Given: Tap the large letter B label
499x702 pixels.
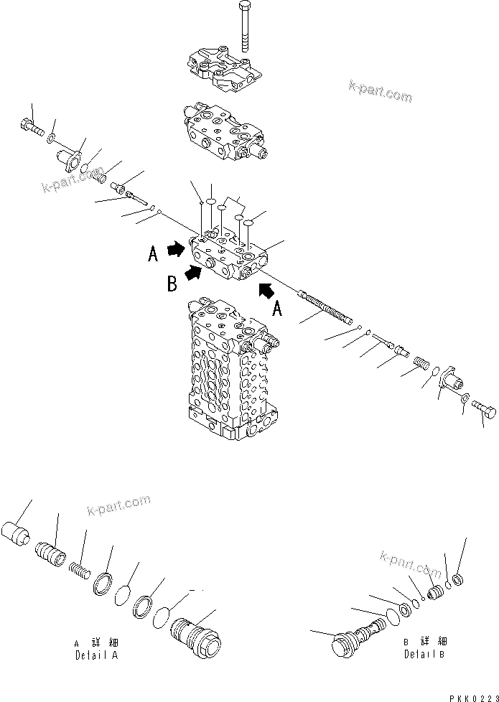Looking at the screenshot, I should (x=172, y=284).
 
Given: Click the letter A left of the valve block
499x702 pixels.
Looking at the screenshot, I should (x=153, y=255).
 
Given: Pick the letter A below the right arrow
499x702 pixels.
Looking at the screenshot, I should (x=278, y=310).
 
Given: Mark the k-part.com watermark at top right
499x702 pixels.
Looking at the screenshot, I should (x=381, y=94).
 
